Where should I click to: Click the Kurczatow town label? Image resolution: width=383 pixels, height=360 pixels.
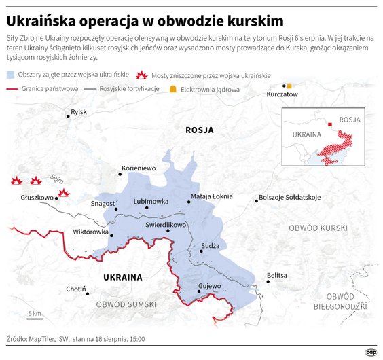[282, 94]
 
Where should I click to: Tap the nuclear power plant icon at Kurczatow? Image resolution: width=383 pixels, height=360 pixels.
[289, 86]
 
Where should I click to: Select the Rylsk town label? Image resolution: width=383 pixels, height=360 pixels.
[79, 111]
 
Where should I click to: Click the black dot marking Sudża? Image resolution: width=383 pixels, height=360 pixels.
[201, 251]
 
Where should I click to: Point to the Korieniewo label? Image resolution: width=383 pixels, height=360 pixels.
[138, 168]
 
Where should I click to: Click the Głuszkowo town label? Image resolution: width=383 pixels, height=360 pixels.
[37, 198]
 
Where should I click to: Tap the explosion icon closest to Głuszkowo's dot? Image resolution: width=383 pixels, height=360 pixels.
[64, 193]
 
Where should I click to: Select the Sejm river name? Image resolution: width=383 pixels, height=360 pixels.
[56, 179]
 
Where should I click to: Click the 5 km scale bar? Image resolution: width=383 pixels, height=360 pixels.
[35, 319]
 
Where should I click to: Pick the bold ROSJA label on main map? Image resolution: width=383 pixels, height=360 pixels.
[199, 130]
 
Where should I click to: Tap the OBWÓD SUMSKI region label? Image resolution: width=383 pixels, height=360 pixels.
[126, 304]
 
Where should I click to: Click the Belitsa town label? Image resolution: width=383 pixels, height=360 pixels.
[277, 275]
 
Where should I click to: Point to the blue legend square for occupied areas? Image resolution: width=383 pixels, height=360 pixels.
[12, 75]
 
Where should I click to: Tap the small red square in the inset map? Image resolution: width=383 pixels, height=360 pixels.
[330, 124]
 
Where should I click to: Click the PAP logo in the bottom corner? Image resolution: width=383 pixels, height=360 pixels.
[371, 351]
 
